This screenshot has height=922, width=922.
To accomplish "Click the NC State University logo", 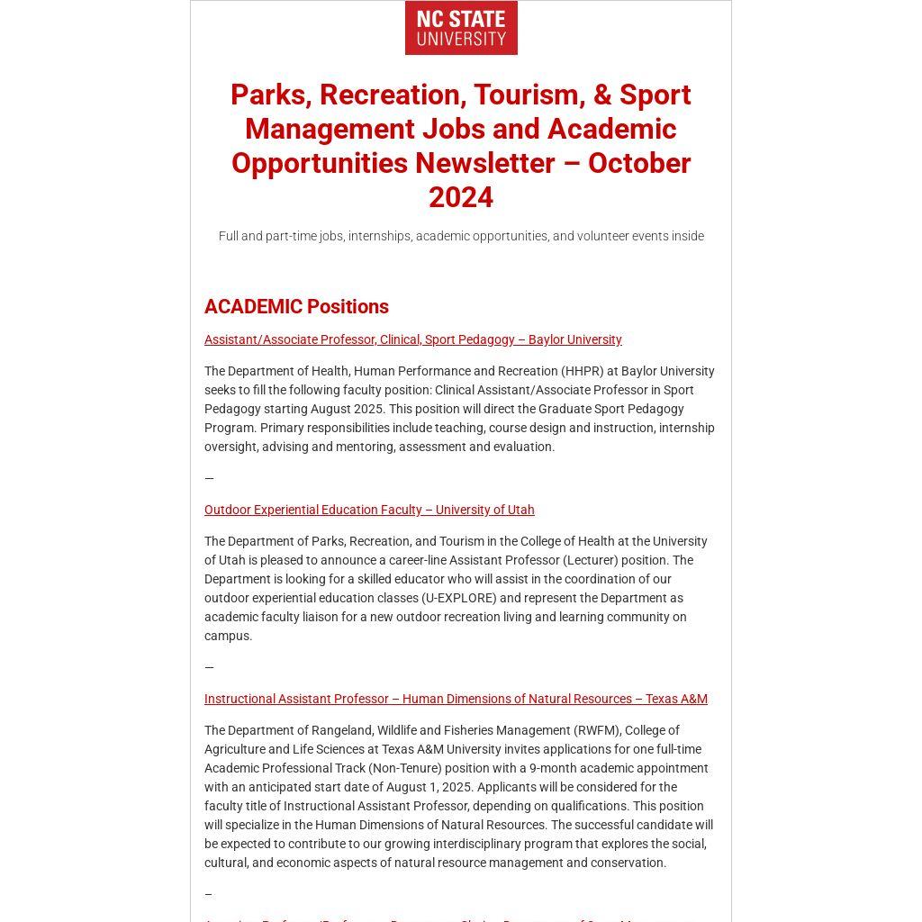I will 461,28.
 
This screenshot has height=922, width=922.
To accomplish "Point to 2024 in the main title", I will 461,197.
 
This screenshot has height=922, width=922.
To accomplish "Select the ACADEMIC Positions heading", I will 296,306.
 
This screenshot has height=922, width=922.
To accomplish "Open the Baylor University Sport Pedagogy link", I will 412,339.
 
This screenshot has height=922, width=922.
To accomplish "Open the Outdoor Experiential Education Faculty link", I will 369,510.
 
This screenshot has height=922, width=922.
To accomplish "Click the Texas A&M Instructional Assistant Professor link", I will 456,699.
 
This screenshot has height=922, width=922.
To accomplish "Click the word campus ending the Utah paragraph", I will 227,636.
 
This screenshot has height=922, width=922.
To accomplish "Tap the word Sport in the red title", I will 655,95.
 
